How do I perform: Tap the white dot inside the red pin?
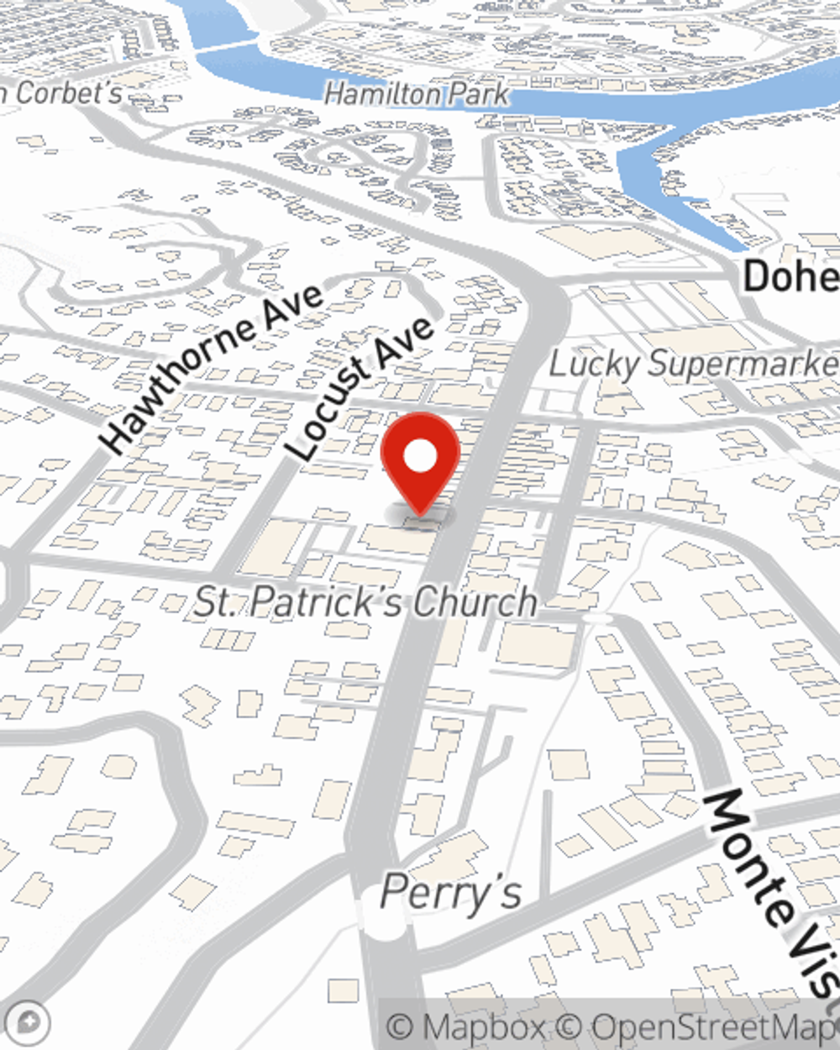[x=420, y=458]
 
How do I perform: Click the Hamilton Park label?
[x=417, y=94]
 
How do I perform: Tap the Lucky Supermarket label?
[x=693, y=365]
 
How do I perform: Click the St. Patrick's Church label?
[x=365, y=601]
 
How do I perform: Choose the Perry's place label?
[x=451, y=891]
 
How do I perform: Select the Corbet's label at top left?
[x=63, y=92]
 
